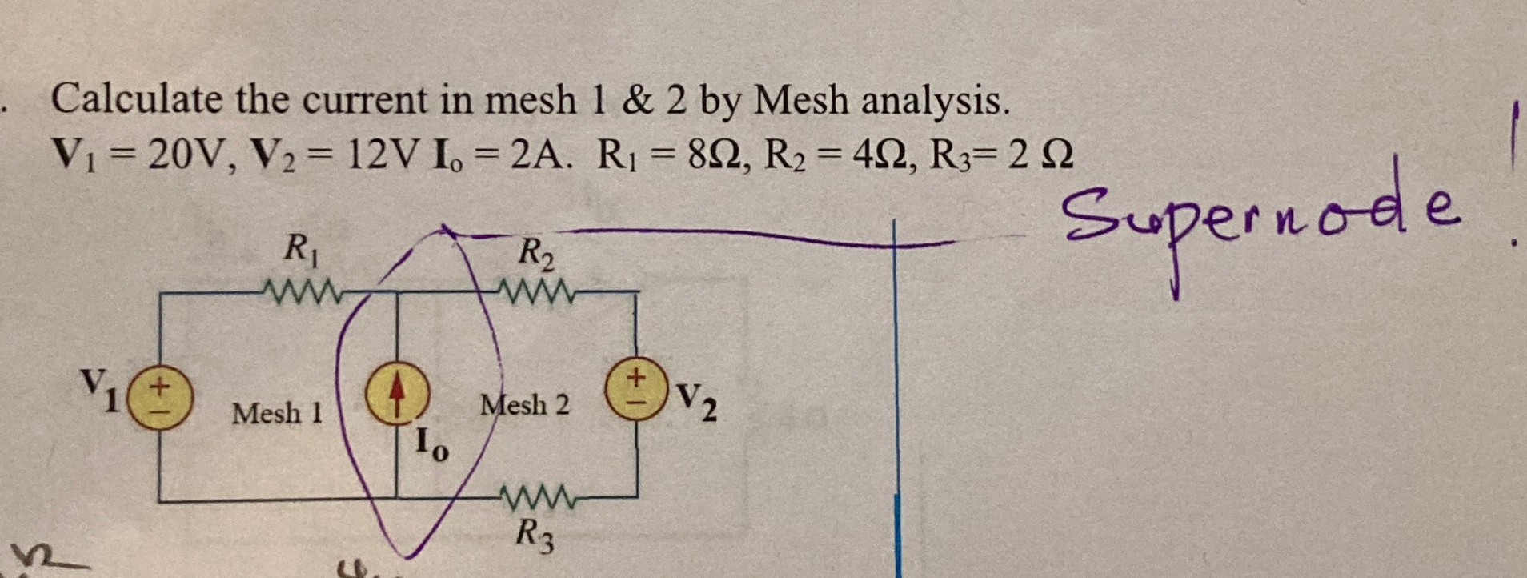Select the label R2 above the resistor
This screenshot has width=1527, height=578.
[535, 254]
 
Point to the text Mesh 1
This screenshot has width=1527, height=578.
[277, 413]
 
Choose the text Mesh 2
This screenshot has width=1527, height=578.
[524, 405]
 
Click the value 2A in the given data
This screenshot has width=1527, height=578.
[539, 152]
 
